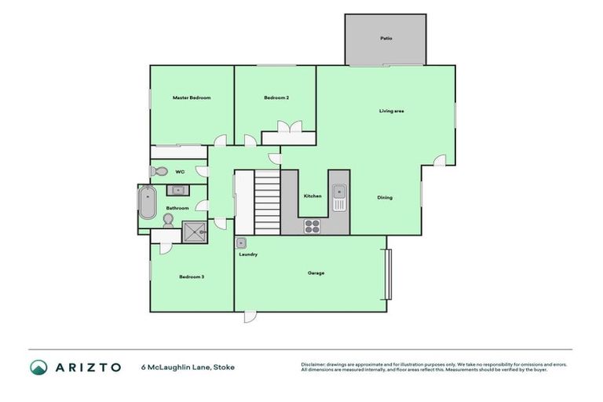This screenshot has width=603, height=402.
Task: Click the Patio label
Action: (x=386, y=38)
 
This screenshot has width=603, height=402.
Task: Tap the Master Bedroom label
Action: (x=192, y=97)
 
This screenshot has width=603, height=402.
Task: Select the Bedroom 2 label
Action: (x=276, y=97)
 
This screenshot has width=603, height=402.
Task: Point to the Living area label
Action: (x=391, y=111)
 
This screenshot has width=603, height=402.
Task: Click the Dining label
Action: (x=385, y=197)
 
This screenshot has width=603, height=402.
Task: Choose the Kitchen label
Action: (x=312, y=196)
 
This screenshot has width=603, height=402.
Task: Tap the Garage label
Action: (x=316, y=273)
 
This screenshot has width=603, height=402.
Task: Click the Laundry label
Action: (x=249, y=254)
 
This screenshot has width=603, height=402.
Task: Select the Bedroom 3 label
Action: (x=192, y=276)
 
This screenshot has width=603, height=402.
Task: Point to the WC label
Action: (x=180, y=171)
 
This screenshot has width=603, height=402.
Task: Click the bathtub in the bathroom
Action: (x=147, y=203)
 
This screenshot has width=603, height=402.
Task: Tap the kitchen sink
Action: (x=339, y=196)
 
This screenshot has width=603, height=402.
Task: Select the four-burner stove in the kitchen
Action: (x=312, y=226)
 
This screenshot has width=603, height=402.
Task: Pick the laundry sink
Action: (x=242, y=243)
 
